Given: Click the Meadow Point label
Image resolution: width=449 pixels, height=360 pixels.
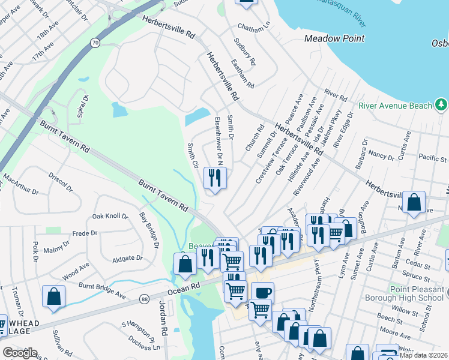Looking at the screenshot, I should click(x=334, y=38).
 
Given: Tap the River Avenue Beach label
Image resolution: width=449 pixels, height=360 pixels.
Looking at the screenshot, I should click(x=395, y=106).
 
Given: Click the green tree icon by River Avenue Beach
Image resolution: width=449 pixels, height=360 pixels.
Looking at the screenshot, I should click(x=442, y=105).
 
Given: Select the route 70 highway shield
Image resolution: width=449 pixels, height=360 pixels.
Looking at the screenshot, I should click(x=95, y=43).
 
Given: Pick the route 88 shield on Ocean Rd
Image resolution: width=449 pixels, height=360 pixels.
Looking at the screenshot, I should click(x=144, y=299).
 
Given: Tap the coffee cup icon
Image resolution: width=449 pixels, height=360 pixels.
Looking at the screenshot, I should click(x=262, y=293).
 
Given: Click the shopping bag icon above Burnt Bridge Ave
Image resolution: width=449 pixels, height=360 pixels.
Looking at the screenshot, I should click(x=54, y=296).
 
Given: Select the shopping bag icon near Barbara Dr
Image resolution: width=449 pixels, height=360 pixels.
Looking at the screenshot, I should click(x=414, y=202).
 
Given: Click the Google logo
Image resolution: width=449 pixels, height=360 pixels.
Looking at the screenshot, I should click(x=19, y=352).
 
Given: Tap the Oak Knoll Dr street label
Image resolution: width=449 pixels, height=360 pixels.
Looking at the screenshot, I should click(x=110, y=215).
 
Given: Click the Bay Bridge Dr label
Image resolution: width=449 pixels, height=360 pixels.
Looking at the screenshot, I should click(x=149, y=230).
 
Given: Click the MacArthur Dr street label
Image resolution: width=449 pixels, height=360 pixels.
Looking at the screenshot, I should click(x=20, y=185).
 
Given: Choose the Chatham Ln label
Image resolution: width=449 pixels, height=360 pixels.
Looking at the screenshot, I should click(x=254, y=28).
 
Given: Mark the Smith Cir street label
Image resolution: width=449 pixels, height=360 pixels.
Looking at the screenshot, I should click(x=193, y=155).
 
